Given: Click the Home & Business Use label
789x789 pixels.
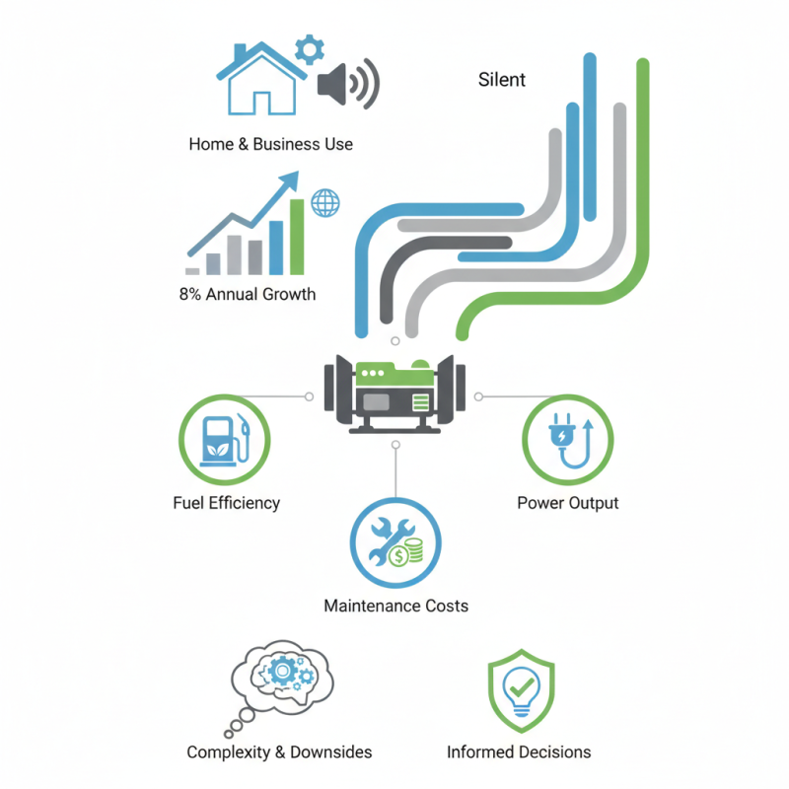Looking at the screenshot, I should coord(270,144).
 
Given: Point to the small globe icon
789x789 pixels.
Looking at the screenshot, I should coord(324,203).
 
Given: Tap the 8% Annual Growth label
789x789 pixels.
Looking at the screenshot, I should coord(248,294).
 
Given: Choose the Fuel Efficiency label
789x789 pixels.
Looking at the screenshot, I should coord(226,503).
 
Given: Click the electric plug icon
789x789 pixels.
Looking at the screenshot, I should coord(566,440).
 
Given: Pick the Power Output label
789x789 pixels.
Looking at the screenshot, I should coord(568,503).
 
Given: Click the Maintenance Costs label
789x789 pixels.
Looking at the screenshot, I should coord(395,606).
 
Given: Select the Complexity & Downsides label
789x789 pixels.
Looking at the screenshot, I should coord(279,753).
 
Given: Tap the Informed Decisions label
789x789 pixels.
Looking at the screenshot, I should coord(519,753).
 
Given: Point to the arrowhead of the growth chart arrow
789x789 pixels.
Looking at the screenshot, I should coord(291,179).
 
